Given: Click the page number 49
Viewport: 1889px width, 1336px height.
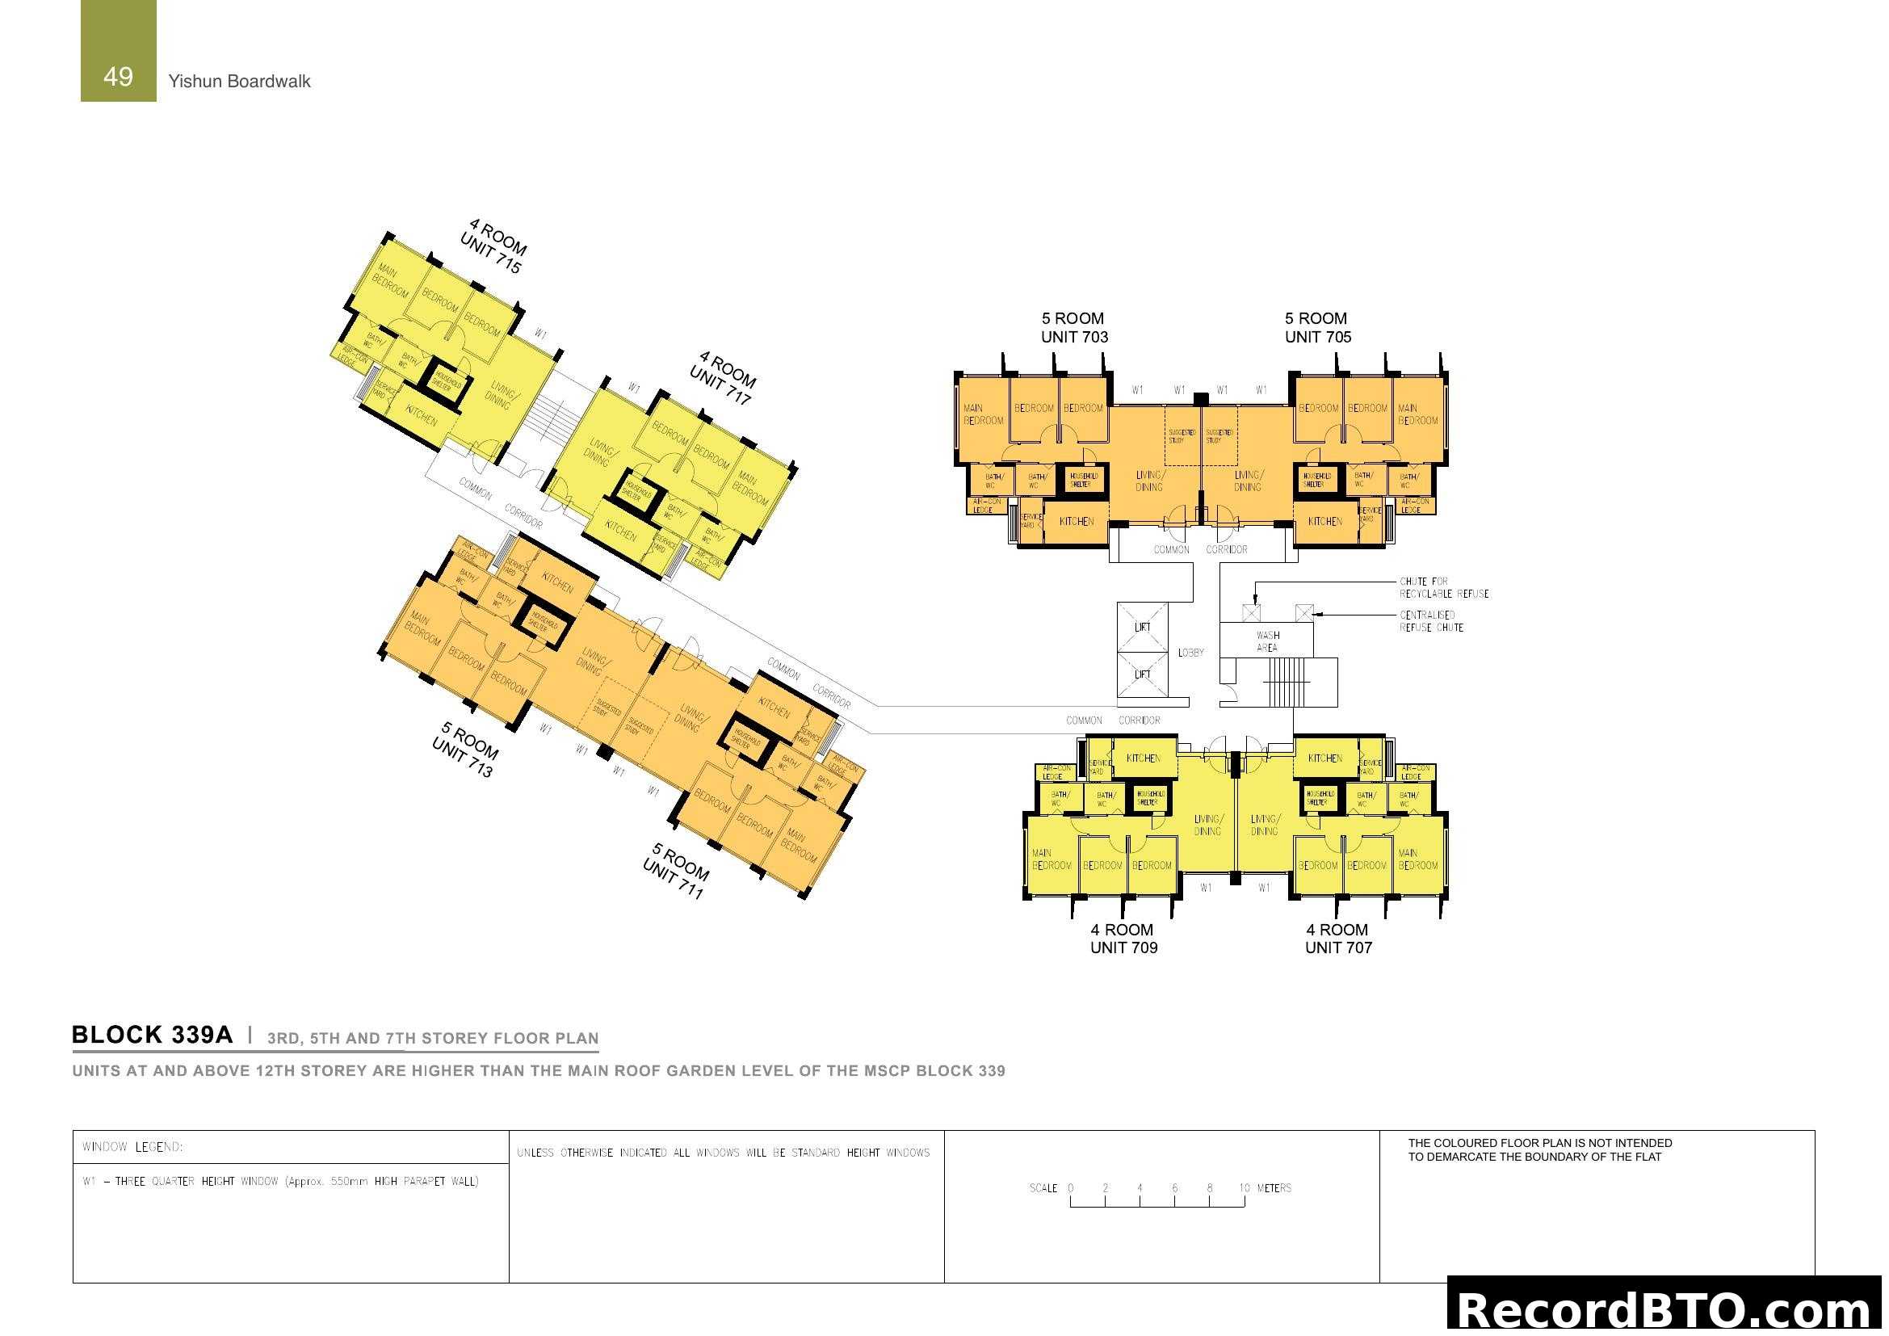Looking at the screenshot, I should coord(118,77).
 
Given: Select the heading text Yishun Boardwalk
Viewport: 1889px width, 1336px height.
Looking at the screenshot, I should coord(239,82).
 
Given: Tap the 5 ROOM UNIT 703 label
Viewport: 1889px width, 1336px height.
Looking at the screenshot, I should coord(1073,327).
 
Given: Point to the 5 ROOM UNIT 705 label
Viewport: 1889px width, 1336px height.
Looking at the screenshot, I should coord(1317,327).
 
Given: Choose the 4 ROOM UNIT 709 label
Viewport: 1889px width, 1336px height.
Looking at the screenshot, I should coord(1123,939).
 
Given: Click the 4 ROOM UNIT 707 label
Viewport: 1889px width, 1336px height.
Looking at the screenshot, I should coord(1337,939).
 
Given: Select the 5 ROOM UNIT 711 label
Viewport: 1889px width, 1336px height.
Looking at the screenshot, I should coord(676,871).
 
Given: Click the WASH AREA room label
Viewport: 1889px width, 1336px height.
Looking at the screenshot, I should coord(1267,641).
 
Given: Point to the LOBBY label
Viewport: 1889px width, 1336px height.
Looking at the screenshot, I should coord(1190,653).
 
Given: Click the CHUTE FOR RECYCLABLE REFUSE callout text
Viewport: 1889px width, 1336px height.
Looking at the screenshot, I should coord(1444,587).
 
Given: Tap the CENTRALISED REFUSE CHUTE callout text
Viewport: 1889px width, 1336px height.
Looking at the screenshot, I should coord(1431,621).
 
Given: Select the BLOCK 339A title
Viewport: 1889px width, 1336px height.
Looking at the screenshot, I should coord(153,1035).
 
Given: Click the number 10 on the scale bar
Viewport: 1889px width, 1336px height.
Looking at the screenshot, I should coord(1244,1188).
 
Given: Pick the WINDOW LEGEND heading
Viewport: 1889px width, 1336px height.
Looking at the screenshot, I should coord(132,1147).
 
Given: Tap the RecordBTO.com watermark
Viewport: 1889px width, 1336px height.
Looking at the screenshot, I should coord(1667,1308).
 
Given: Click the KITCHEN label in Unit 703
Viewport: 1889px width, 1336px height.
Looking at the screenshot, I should coord(1076,522).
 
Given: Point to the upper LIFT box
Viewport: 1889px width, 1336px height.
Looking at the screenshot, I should coord(1142,627).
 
